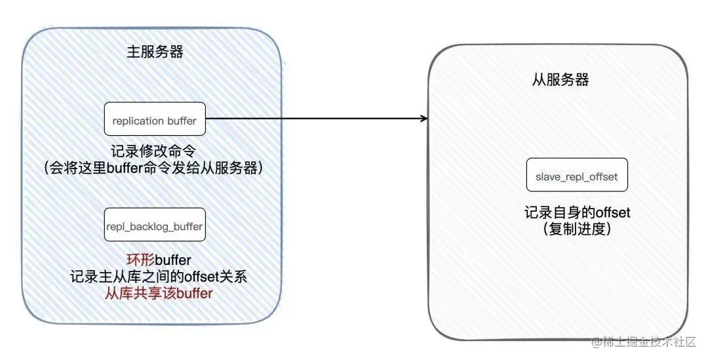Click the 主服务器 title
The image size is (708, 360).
click(155, 53)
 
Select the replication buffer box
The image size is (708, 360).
click(155, 119)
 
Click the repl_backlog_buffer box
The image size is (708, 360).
click(155, 226)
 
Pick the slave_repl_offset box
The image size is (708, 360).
click(577, 176)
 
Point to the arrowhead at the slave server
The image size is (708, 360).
click(424, 119)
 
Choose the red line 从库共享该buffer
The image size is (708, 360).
click(158, 294)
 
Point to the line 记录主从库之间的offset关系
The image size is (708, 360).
click(158, 277)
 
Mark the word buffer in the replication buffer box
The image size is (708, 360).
click(182, 120)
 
